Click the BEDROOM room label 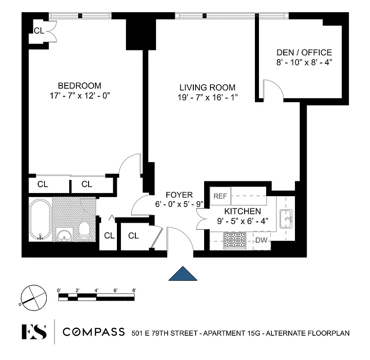[x=79, y=85]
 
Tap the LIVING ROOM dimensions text [x=207, y=97]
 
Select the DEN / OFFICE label [x=304, y=53]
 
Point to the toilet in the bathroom [x=84, y=229]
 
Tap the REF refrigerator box [x=220, y=196]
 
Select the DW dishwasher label [x=261, y=240]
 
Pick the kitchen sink [x=286, y=219]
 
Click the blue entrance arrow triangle [x=183, y=274]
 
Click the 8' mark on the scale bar [x=134, y=291]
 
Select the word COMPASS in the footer [x=94, y=332]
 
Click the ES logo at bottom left [x=34, y=332]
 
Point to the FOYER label [x=179, y=195]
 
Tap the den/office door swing [x=273, y=89]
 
